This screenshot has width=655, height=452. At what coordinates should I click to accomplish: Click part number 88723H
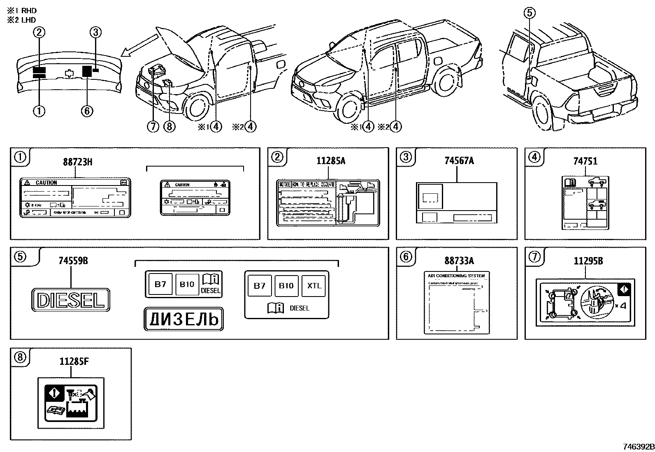coord(77,162)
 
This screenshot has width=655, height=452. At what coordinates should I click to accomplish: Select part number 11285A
coord(330,161)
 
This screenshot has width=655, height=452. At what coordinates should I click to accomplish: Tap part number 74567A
coord(459,161)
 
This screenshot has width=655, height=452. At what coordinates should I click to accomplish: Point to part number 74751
coord(585,161)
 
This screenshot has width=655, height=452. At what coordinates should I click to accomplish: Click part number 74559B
coord(73,261)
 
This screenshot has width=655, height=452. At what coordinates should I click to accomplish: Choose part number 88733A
coord(459,261)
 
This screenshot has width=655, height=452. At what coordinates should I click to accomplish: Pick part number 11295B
coord(588,261)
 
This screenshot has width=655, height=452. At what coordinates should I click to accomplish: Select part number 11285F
coord(74,361)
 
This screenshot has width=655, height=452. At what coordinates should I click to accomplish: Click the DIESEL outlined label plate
coord(70,300)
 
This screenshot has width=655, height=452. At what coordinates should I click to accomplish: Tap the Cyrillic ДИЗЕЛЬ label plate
coord(183,319)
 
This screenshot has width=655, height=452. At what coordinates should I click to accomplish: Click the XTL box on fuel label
coord(314,285)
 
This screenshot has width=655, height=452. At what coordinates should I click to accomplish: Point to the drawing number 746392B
coord(638,447)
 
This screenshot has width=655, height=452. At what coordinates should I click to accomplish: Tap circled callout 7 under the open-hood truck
coord(153,126)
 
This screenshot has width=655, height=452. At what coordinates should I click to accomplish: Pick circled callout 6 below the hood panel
coord(87,111)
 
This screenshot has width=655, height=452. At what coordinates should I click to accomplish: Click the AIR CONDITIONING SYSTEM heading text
coord(456,276)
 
